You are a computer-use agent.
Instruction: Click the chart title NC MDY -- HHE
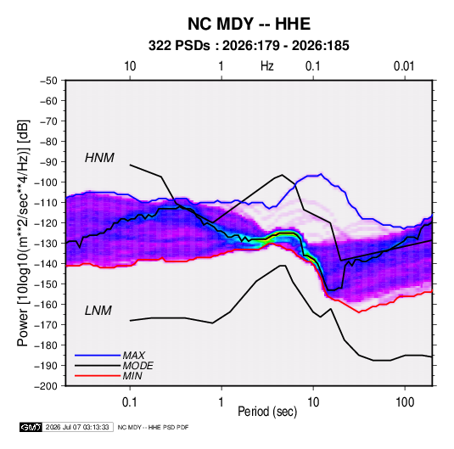coord(249,24)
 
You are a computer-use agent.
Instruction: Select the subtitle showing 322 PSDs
coord(249,46)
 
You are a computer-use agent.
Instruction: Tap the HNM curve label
coord(99,158)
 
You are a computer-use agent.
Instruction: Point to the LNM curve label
coord(98,311)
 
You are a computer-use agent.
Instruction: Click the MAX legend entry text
coord(134,356)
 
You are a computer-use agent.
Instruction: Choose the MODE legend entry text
coord(137,366)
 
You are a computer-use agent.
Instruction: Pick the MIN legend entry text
coord(132,376)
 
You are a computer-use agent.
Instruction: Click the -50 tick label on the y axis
coord(48,81)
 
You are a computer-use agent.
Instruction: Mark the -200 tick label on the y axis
coord(46,386)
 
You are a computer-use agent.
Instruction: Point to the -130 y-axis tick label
coord(46,244)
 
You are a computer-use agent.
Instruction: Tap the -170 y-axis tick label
coord(46,325)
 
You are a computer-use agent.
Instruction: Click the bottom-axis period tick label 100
coord(405,401)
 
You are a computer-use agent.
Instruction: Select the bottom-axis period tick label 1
coord(221,401)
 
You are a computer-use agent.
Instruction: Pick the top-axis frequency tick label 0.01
coord(404,66)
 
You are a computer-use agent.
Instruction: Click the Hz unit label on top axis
coord(267,66)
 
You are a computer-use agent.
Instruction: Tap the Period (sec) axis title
coord(267,412)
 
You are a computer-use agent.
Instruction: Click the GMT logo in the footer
coord(31,427)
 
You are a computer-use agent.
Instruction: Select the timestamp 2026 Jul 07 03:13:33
coord(77,427)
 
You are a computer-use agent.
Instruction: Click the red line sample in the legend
coord(98,376)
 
